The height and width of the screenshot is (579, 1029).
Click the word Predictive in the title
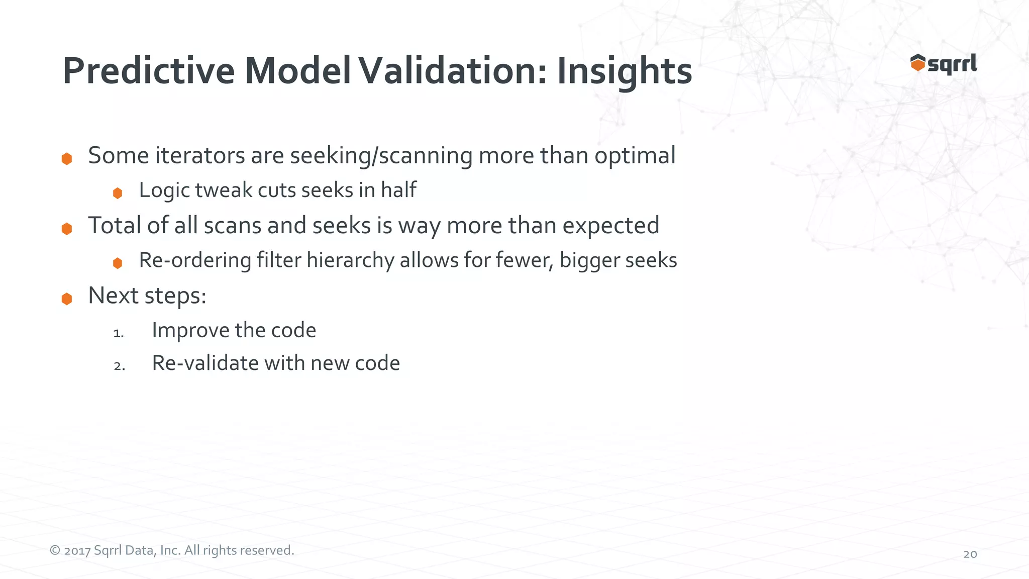pyautogui.click(x=149, y=71)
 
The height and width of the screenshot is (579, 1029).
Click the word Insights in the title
pyautogui.click(x=624, y=72)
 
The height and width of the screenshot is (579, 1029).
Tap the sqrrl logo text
pyautogui.click(x=952, y=64)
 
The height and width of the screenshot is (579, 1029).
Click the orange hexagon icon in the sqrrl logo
pyautogui.click(x=917, y=63)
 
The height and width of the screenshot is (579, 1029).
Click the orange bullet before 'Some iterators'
pyautogui.click(x=67, y=159)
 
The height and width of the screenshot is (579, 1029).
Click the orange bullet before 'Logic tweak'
pyautogui.click(x=118, y=193)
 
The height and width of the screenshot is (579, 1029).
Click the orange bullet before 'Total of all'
pyautogui.click(x=67, y=229)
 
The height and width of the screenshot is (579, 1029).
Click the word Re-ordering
pyautogui.click(x=195, y=261)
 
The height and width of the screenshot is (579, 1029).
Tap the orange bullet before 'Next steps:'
pyautogui.click(x=67, y=299)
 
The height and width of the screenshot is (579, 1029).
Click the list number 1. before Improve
pyautogui.click(x=119, y=333)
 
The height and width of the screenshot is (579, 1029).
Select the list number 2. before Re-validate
pyautogui.click(x=119, y=366)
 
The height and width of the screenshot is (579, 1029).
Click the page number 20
pyautogui.click(x=970, y=554)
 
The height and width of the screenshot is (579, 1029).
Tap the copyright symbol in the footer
pyautogui.click(x=55, y=550)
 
